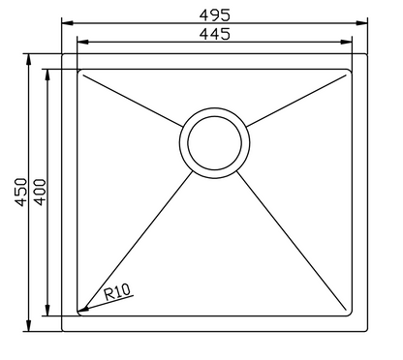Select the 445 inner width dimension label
(x=213, y=34)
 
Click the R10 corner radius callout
(x=116, y=290)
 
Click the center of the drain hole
(x=214, y=141)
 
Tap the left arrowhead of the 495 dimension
(x=65, y=21)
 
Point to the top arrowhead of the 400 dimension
(x=49, y=74)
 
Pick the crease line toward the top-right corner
(x=295, y=98)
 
